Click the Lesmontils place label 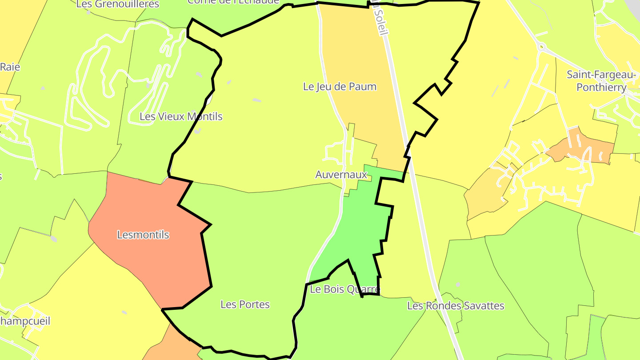(x=143, y=235)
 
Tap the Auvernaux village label (x=341, y=175)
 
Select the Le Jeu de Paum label (x=340, y=87)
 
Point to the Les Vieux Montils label (x=181, y=116)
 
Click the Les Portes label (x=245, y=304)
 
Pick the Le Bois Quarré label (x=345, y=290)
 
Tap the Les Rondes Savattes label (x=456, y=306)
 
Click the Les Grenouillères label (x=118, y=4)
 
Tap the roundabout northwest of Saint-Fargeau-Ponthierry (x=541, y=46)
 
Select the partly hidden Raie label (x=10, y=67)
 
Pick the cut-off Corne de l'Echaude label (x=233, y=2)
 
